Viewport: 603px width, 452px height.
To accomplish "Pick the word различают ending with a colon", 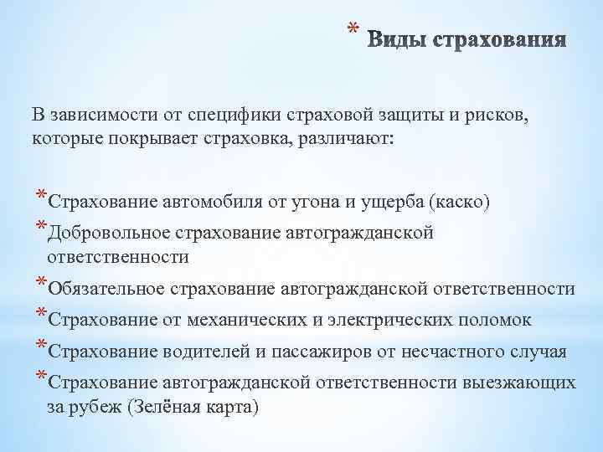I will [x=352, y=136].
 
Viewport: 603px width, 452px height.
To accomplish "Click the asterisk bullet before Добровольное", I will [x=40, y=229].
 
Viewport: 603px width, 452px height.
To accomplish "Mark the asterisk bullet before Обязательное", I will [x=40, y=285].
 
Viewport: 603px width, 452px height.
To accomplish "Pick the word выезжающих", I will [x=518, y=383].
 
